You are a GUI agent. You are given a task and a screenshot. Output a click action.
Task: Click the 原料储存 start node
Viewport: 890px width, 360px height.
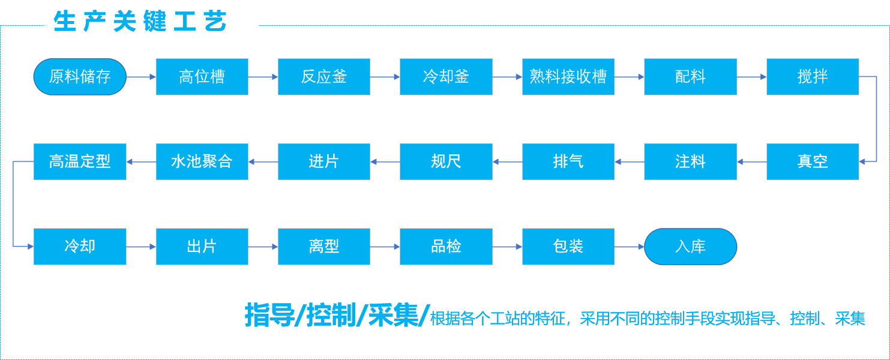click(80, 77)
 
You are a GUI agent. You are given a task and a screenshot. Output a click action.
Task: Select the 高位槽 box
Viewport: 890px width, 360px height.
click(202, 77)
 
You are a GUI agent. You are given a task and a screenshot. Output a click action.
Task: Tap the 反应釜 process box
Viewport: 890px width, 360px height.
click(324, 77)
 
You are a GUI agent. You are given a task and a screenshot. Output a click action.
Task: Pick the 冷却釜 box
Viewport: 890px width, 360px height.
click(446, 77)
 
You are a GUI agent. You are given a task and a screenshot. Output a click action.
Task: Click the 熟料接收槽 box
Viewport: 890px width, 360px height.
click(568, 77)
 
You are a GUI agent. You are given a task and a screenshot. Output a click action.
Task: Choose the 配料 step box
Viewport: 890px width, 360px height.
click(690, 77)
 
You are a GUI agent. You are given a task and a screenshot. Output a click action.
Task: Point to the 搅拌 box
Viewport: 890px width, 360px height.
click(813, 77)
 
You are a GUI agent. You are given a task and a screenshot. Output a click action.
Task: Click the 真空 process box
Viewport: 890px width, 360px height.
click(813, 161)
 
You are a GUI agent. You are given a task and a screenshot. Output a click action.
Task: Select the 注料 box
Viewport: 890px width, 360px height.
click(690, 161)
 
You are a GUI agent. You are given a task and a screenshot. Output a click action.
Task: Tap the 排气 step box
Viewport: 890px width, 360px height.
click(568, 161)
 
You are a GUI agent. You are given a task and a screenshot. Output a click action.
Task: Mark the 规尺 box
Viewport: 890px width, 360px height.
click(446, 161)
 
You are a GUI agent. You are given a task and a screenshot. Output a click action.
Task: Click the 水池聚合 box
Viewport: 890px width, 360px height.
click(202, 161)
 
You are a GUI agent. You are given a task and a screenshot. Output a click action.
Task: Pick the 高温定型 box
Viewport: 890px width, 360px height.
click(80, 161)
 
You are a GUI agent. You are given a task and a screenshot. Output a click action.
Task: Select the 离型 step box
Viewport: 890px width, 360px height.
click(324, 246)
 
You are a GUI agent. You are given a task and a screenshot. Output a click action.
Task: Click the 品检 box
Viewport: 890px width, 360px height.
click(446, 246)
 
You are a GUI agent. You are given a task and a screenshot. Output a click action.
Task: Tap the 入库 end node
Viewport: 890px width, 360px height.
click(690, 246)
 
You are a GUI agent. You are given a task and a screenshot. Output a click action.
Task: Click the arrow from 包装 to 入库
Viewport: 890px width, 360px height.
click(629, 246)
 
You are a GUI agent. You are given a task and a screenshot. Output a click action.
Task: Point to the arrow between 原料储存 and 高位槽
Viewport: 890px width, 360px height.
click(141, 77)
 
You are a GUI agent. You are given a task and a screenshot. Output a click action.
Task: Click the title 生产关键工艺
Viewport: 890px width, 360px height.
click(140, 22)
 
